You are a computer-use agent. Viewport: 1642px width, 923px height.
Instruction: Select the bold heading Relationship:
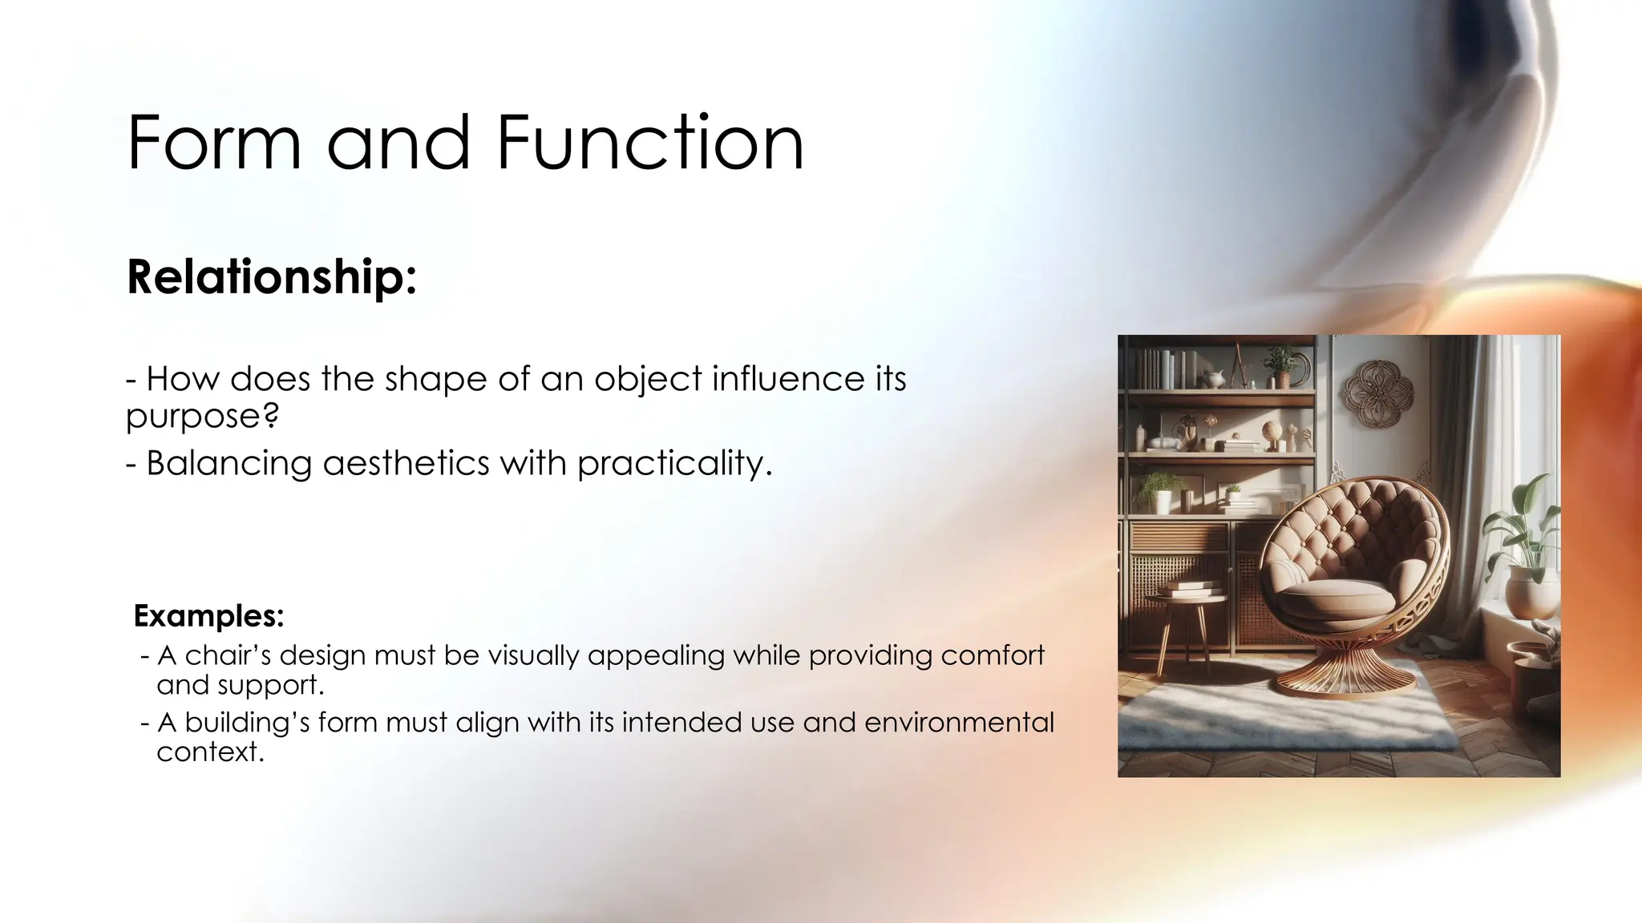click(272, 277)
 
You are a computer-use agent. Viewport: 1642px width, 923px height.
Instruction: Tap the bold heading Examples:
click(208, 615)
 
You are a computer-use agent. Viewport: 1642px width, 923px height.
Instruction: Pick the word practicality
click(674, 463)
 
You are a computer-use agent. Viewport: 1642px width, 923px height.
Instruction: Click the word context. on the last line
click(210, 752)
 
